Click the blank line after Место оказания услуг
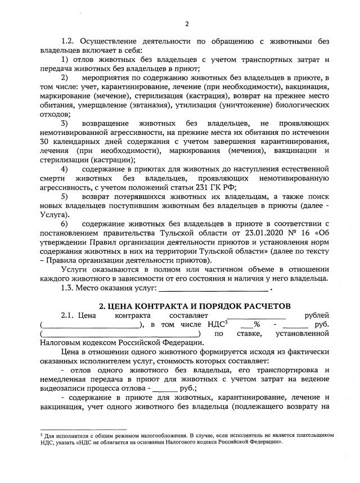click(x=214, y=289)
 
